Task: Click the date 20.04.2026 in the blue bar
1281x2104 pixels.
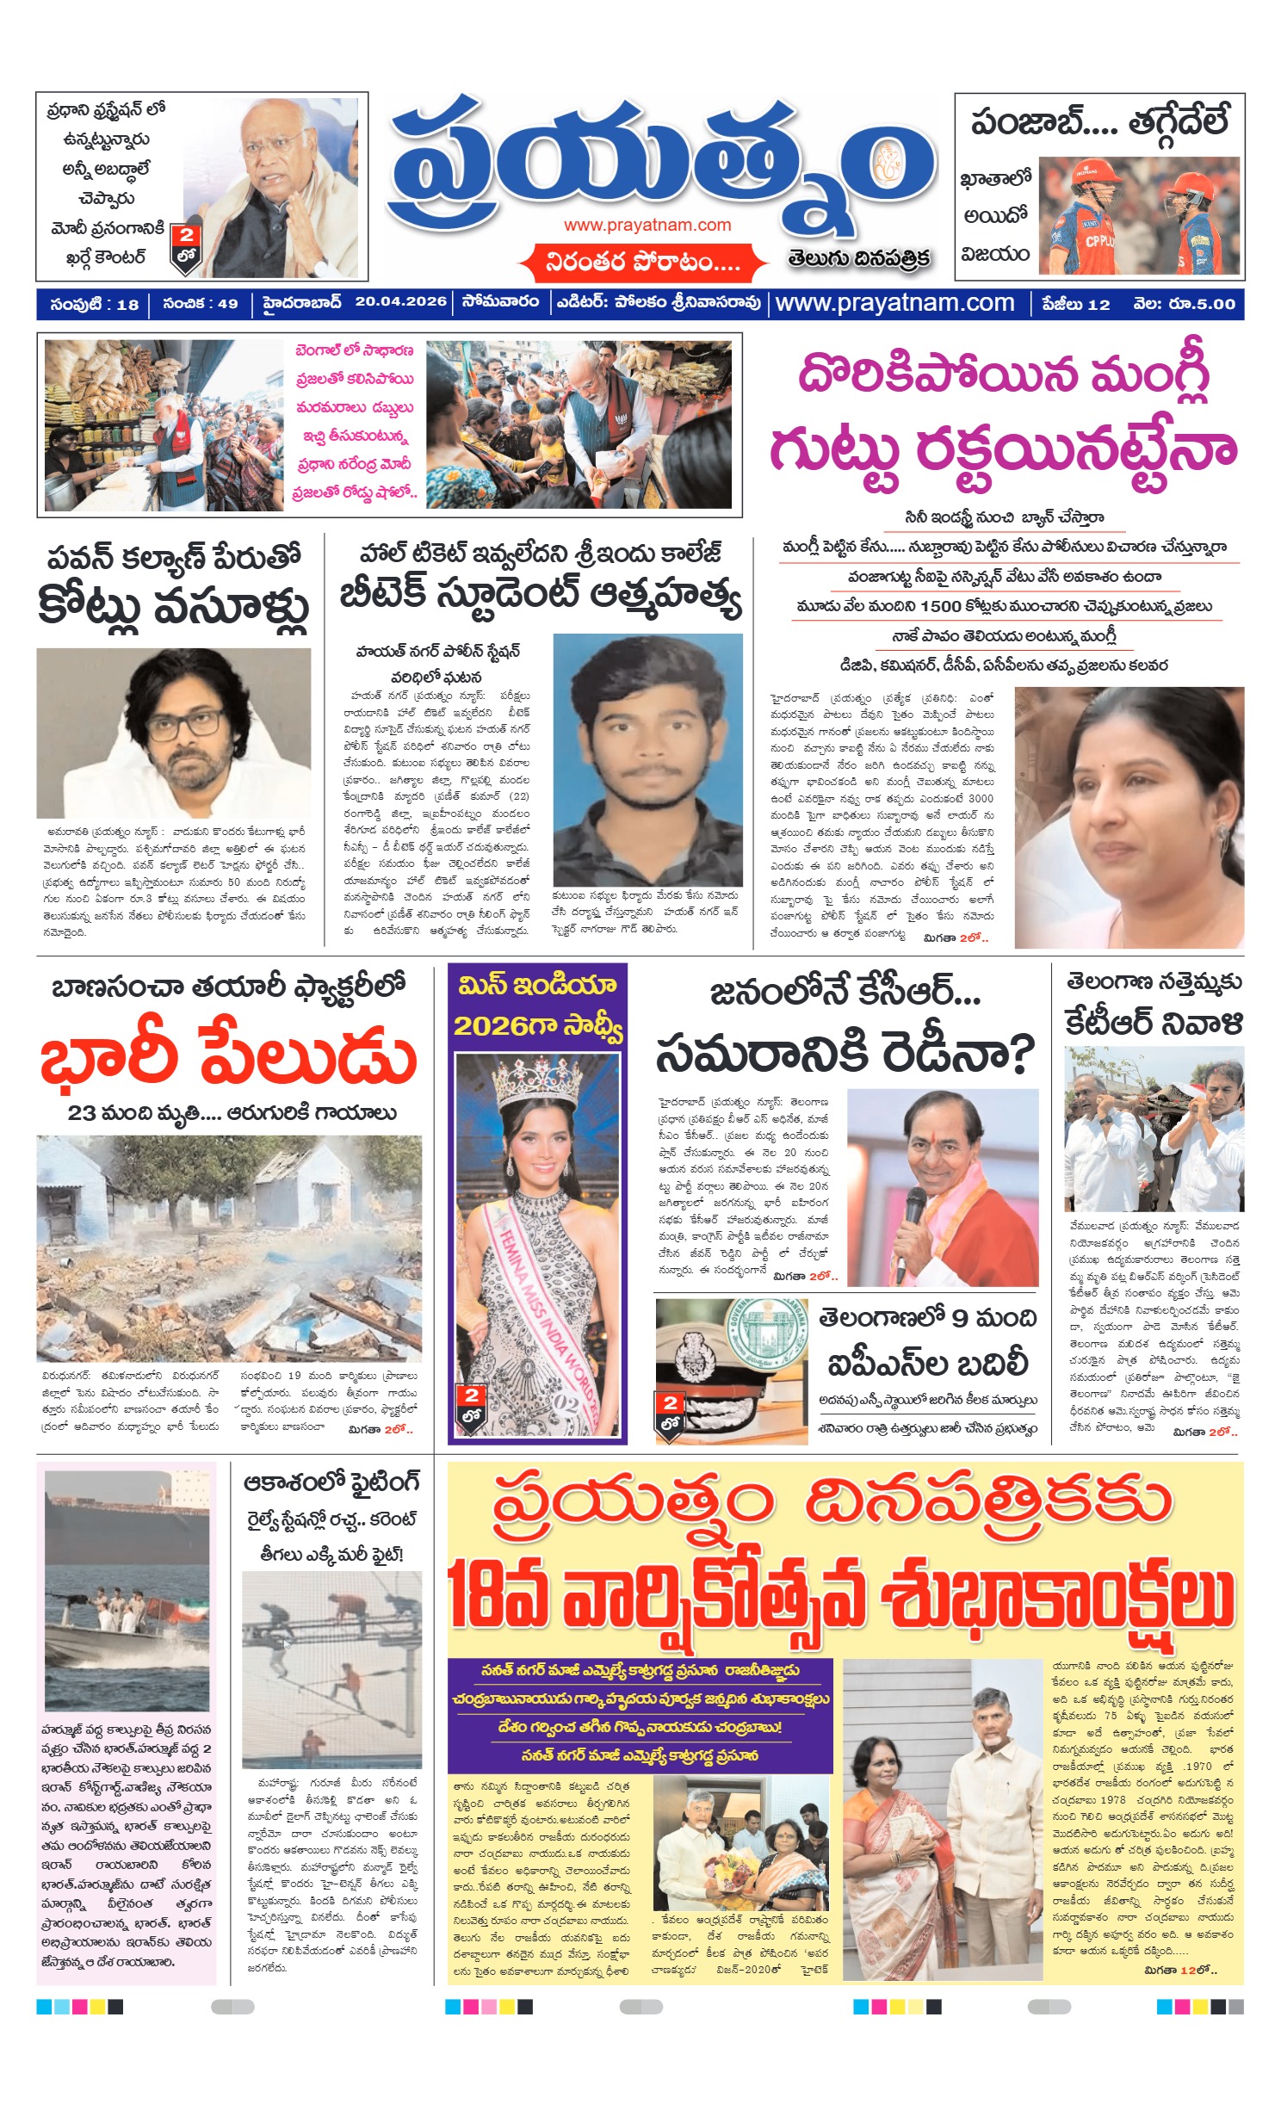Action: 400,302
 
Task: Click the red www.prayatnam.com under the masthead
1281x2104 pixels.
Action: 647,226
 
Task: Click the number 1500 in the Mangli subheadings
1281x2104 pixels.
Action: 940,606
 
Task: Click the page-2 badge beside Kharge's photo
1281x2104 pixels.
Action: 186,247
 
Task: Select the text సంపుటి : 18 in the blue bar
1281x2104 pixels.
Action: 94,304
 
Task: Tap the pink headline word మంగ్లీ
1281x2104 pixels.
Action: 1149,375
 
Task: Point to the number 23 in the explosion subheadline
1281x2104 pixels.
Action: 81,1112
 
